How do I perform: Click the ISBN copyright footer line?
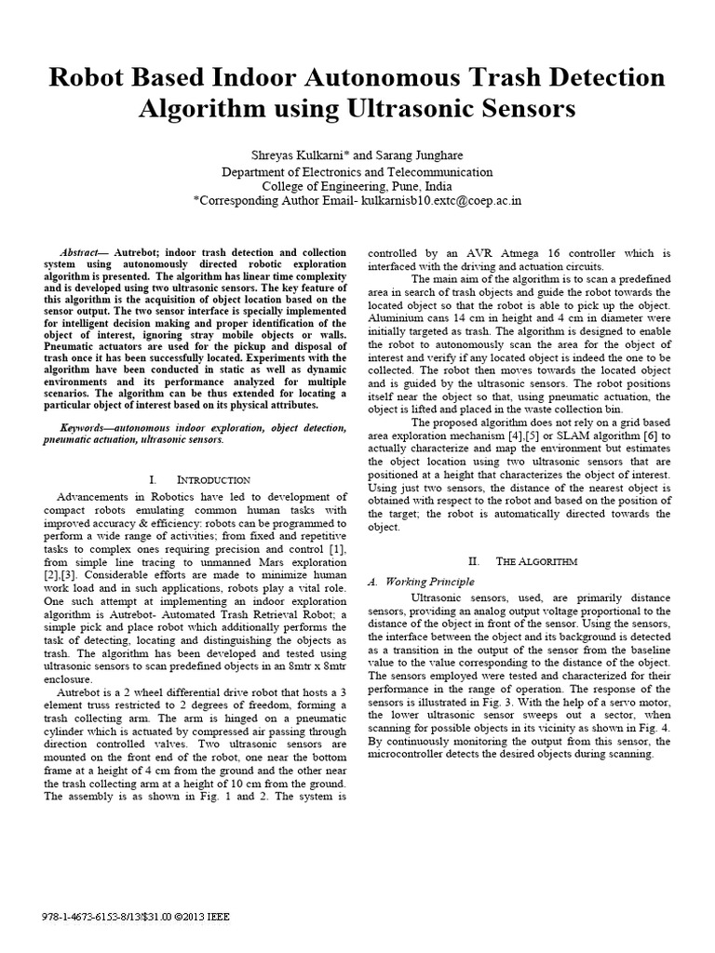[x=137, y=916]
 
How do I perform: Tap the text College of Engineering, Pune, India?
[x=357, y=185]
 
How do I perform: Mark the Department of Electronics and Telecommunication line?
[x=357, y=171]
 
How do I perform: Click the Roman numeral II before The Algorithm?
[x=473, y=561]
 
